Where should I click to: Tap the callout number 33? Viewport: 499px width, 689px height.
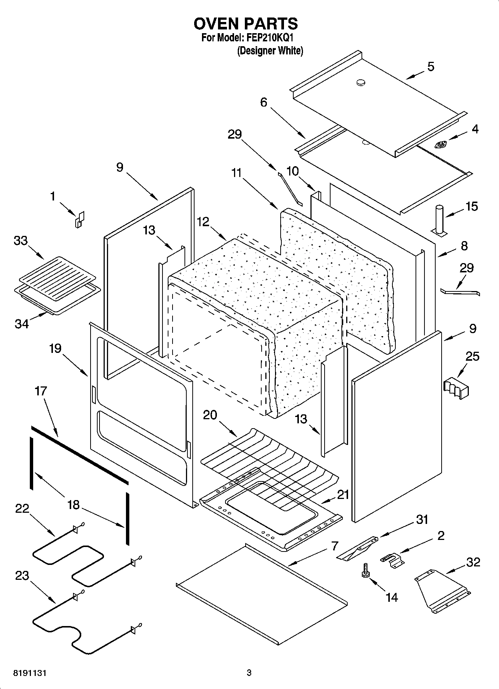coord(21,241)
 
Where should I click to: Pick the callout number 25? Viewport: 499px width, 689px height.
coord(472,356)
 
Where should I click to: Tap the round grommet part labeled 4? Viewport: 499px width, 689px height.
coord(442,144)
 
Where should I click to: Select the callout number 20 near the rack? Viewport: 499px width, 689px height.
coord(210,414)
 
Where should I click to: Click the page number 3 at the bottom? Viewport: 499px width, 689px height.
coord(249,673)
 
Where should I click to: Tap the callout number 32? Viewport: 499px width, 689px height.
coord(473,562)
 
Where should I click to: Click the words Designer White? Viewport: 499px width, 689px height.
coord(270,51)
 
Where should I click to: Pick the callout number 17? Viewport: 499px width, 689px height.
coord(41,391)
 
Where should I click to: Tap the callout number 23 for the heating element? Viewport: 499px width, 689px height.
coord(22,576)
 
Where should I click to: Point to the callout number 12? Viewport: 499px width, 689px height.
coord(203,222)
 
